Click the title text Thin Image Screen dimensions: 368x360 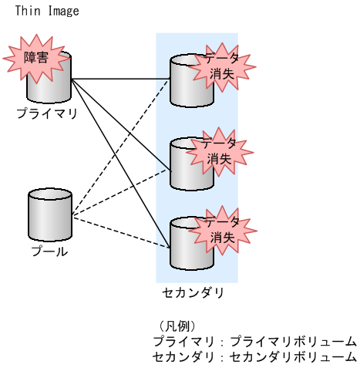46,12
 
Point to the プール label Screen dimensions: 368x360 49,251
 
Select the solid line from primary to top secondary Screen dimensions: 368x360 119,79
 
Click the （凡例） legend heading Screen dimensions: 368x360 177,326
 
